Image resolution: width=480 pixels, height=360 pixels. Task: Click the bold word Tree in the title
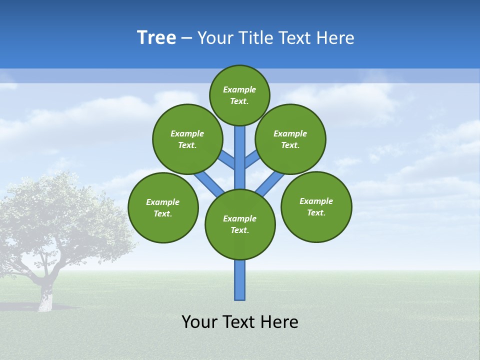tap(156, 38)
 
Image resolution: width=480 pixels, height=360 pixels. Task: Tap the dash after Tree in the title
tap(186, 38)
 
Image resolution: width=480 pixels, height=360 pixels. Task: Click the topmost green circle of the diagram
tap(239, 95)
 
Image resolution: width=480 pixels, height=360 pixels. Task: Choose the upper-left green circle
tap(187, 139)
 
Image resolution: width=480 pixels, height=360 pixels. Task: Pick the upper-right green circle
tap(290, 139)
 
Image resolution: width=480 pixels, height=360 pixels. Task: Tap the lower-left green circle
tap(163, 207)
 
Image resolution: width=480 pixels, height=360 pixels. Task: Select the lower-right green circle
tap(316, 206)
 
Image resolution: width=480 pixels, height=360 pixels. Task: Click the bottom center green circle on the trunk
tap(240, 224)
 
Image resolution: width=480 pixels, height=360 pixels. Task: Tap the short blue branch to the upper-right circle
tap(251, 159)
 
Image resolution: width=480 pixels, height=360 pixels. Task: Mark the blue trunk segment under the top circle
tap(240, 150)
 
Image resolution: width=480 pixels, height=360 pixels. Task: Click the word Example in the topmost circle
tap(239, 89)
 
